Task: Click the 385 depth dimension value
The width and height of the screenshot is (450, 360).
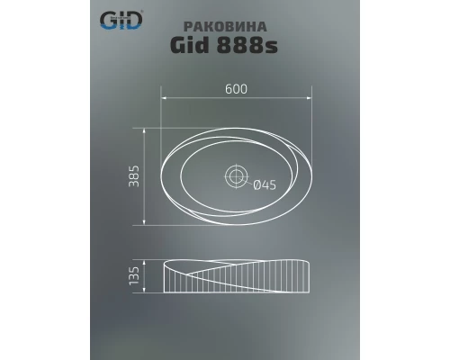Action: tap(132, 175)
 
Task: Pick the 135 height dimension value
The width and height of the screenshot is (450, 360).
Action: tap(132, 277)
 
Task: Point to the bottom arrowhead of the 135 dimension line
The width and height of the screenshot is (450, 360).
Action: tap(143, 295)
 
